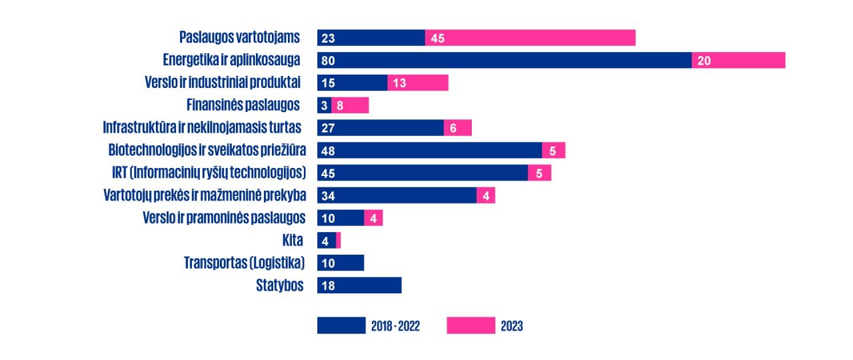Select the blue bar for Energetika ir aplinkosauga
coord(504,61)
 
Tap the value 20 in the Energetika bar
coord(704,61)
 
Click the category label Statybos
coord(280,285)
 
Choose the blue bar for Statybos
coord(359,285)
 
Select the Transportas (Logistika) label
coord(244,263)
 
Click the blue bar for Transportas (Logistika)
coord(341,263)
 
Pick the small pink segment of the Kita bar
coord(339,241)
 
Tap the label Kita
coord(293,241)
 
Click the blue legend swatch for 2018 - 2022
coord(341,325)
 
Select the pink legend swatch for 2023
coord(470,325)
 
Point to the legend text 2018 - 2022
coord(395,326)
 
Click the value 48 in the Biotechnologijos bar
coord(328,151)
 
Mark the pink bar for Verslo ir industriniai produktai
coord(418,83)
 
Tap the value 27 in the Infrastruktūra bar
coord(328,128)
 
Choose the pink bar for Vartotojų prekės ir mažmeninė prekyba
coord(486,195)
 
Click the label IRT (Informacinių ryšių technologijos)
coord(209,173)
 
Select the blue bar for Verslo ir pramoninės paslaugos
coord(341,218)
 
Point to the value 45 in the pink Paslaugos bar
coord(438,38)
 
